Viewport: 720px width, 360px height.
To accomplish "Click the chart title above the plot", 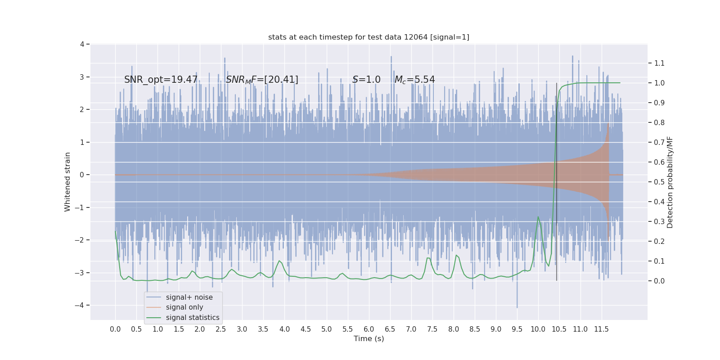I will tap(369, 37).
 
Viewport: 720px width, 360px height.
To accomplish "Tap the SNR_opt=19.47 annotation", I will tap(161, 80).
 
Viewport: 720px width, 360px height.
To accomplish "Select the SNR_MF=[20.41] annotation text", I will tap(262, 80).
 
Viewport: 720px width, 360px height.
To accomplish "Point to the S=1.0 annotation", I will tap(366, 80).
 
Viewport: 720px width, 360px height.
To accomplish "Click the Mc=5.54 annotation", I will tap(414, 80).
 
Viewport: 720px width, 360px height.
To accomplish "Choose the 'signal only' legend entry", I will tap(184, 307).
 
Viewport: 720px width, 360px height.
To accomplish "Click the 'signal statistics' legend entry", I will tap(192, 318).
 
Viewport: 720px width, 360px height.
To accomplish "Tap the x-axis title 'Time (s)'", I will tap(369, 338).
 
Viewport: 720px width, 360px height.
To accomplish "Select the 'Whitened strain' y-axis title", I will tap(67, 182).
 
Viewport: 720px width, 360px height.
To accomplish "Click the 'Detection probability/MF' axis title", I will tap(670, 182).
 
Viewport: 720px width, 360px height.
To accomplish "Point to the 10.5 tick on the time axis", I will tap(559, 329).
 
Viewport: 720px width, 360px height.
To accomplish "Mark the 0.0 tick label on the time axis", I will tap(115, 329).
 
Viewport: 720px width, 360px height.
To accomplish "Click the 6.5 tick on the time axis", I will tap(390, 329).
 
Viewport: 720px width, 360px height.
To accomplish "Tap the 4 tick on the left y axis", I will tap(82, 44).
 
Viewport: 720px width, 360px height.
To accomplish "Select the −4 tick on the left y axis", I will tap(80, 305).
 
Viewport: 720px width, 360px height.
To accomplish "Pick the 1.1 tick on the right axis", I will tap(659, 63).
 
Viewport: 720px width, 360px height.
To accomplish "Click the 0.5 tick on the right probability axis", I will tap(659, 182).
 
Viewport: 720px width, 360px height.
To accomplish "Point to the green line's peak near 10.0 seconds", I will tap(538, 217).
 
